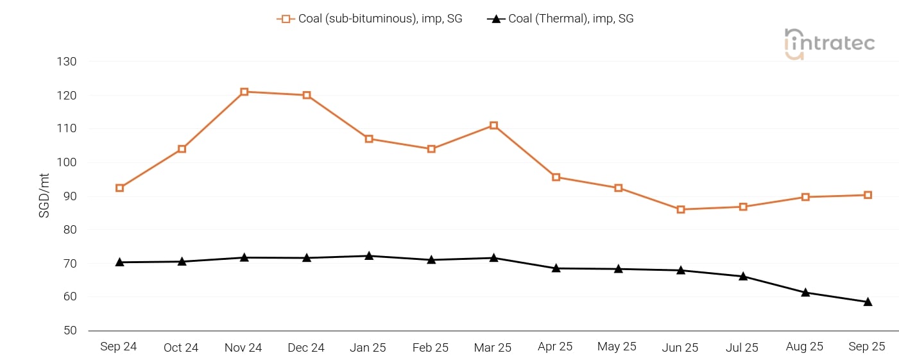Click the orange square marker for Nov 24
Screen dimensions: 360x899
pos(244,92)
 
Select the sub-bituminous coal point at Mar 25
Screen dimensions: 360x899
pos(493,125)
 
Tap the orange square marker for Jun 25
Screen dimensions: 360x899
pos(681,209)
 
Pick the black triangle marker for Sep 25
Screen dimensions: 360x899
pos(868,302)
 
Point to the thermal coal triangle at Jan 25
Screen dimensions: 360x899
pos(369,256)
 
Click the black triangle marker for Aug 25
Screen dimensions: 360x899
pos(805,293)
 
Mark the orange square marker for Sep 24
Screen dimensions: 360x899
pos(119,188)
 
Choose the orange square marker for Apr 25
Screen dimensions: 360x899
pos(556,177)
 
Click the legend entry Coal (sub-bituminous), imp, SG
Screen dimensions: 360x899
pos(370,19)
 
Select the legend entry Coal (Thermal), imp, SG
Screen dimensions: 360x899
pos(561,19)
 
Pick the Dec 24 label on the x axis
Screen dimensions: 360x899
pos(306,348)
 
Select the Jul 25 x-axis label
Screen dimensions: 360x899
pos(742,348)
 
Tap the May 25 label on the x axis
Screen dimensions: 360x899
pos(617,347)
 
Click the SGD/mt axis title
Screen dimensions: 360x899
pos(44,195)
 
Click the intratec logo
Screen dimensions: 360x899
pos(829,44)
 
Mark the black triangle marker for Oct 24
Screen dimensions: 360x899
pos(182,261)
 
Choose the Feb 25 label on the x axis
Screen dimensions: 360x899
pos(431,348)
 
